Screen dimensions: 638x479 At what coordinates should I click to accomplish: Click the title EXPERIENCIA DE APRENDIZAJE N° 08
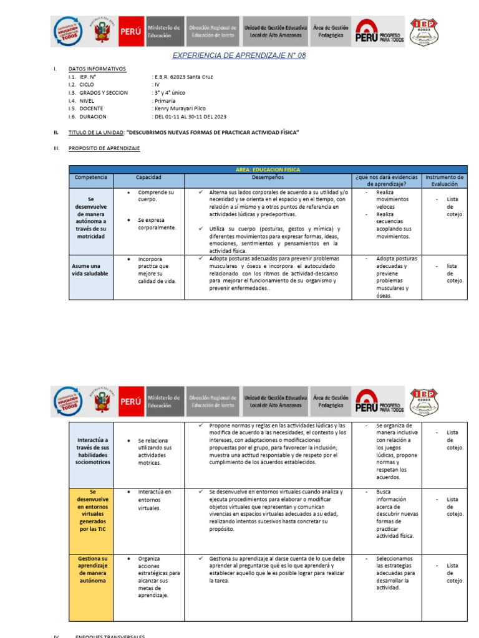coord(239,56)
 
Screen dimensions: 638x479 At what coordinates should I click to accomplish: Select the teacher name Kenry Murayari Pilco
coord(180,108)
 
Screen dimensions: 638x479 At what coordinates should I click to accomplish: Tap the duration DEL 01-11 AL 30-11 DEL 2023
coord(190,117)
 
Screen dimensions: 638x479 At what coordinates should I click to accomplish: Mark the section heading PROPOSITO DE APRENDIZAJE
coord(104,148)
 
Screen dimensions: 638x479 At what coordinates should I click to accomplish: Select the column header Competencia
coord(91,178)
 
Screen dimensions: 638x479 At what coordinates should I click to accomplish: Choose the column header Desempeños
coord(268,178)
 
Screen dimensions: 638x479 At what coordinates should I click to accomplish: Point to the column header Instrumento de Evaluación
coord(445,181)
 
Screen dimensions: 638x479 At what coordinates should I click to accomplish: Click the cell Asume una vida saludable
coord(90,269)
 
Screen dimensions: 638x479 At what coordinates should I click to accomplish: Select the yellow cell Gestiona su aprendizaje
coord(91,569)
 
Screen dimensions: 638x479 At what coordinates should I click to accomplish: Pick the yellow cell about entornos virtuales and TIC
coord(91,510)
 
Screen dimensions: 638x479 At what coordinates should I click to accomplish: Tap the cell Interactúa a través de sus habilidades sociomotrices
coord(91,451)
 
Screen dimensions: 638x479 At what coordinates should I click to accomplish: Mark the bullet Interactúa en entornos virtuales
coord(154,500)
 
